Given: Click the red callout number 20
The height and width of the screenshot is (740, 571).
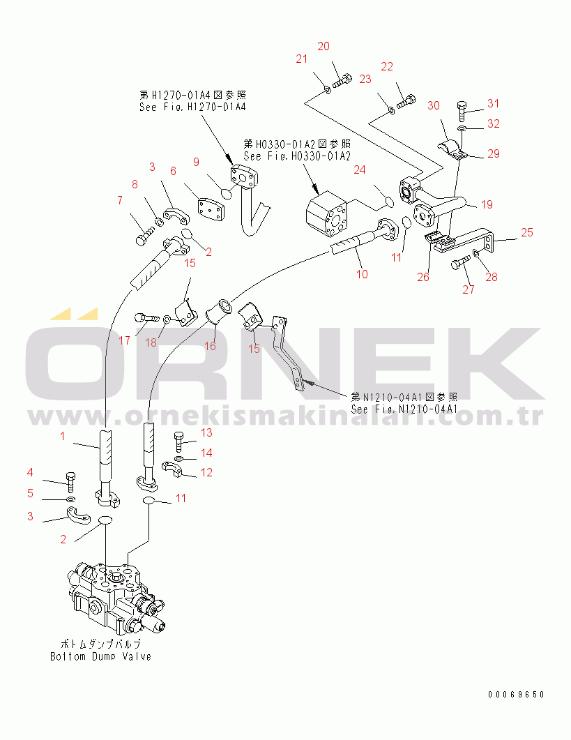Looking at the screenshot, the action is click(x=323, y=46).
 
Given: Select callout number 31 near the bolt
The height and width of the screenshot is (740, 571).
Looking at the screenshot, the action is click(x=493, y=103).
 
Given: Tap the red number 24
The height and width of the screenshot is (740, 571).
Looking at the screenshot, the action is click(x=360, y=170).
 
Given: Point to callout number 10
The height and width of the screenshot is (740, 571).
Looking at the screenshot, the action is click(x=362, y=274).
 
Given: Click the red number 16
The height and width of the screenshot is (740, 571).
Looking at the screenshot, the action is click(x=210, y=347).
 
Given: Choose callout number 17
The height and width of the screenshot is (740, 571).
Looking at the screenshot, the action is click(x=124, y=340).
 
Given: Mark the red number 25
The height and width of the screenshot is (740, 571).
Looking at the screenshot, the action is click(x=527, y=232).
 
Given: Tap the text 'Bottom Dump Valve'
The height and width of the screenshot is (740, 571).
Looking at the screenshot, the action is click(x=100, y=656).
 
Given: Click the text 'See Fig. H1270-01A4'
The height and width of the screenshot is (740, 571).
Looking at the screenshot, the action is click(x=192, y=107).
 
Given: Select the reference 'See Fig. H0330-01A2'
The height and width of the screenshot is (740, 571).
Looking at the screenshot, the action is click(x=297, y=156).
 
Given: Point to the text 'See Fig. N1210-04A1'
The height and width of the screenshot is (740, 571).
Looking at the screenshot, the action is click(x=404, y=409).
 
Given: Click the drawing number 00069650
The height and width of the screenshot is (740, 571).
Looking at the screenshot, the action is click(x=516, y=694).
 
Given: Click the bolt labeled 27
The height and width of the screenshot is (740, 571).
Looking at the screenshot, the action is click(x=461, y=263).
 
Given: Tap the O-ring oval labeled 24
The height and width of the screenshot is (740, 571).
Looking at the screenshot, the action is click(x=389, y=202).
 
